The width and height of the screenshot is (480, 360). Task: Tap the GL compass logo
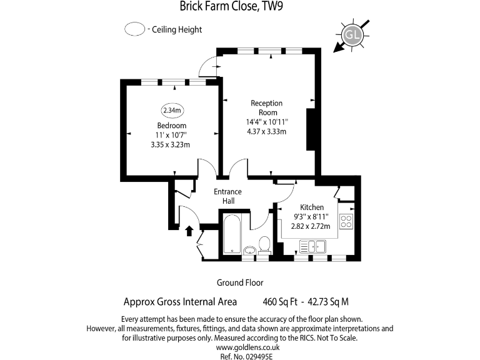(x=352, y=35)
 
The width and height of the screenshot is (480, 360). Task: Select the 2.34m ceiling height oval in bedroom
(x=172, y=111)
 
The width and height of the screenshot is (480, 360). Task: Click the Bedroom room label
(x=171, y=125)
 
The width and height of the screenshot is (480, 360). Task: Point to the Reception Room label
(x=266, y=107)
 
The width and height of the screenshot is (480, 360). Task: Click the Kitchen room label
(x=312, y=207)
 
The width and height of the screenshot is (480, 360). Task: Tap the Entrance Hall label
(x=227, y=196)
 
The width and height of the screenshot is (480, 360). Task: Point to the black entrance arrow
(x=189, y=231)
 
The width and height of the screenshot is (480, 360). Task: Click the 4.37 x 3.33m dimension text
(x=266, y=131)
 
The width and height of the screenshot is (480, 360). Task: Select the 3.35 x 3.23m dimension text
(x=171, y=144)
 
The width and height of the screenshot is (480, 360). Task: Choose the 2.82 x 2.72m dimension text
(x=311, y=226)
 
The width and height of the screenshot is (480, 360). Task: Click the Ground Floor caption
(x=239, y=282)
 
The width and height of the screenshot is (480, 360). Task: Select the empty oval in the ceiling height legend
(x=134, y=29)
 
